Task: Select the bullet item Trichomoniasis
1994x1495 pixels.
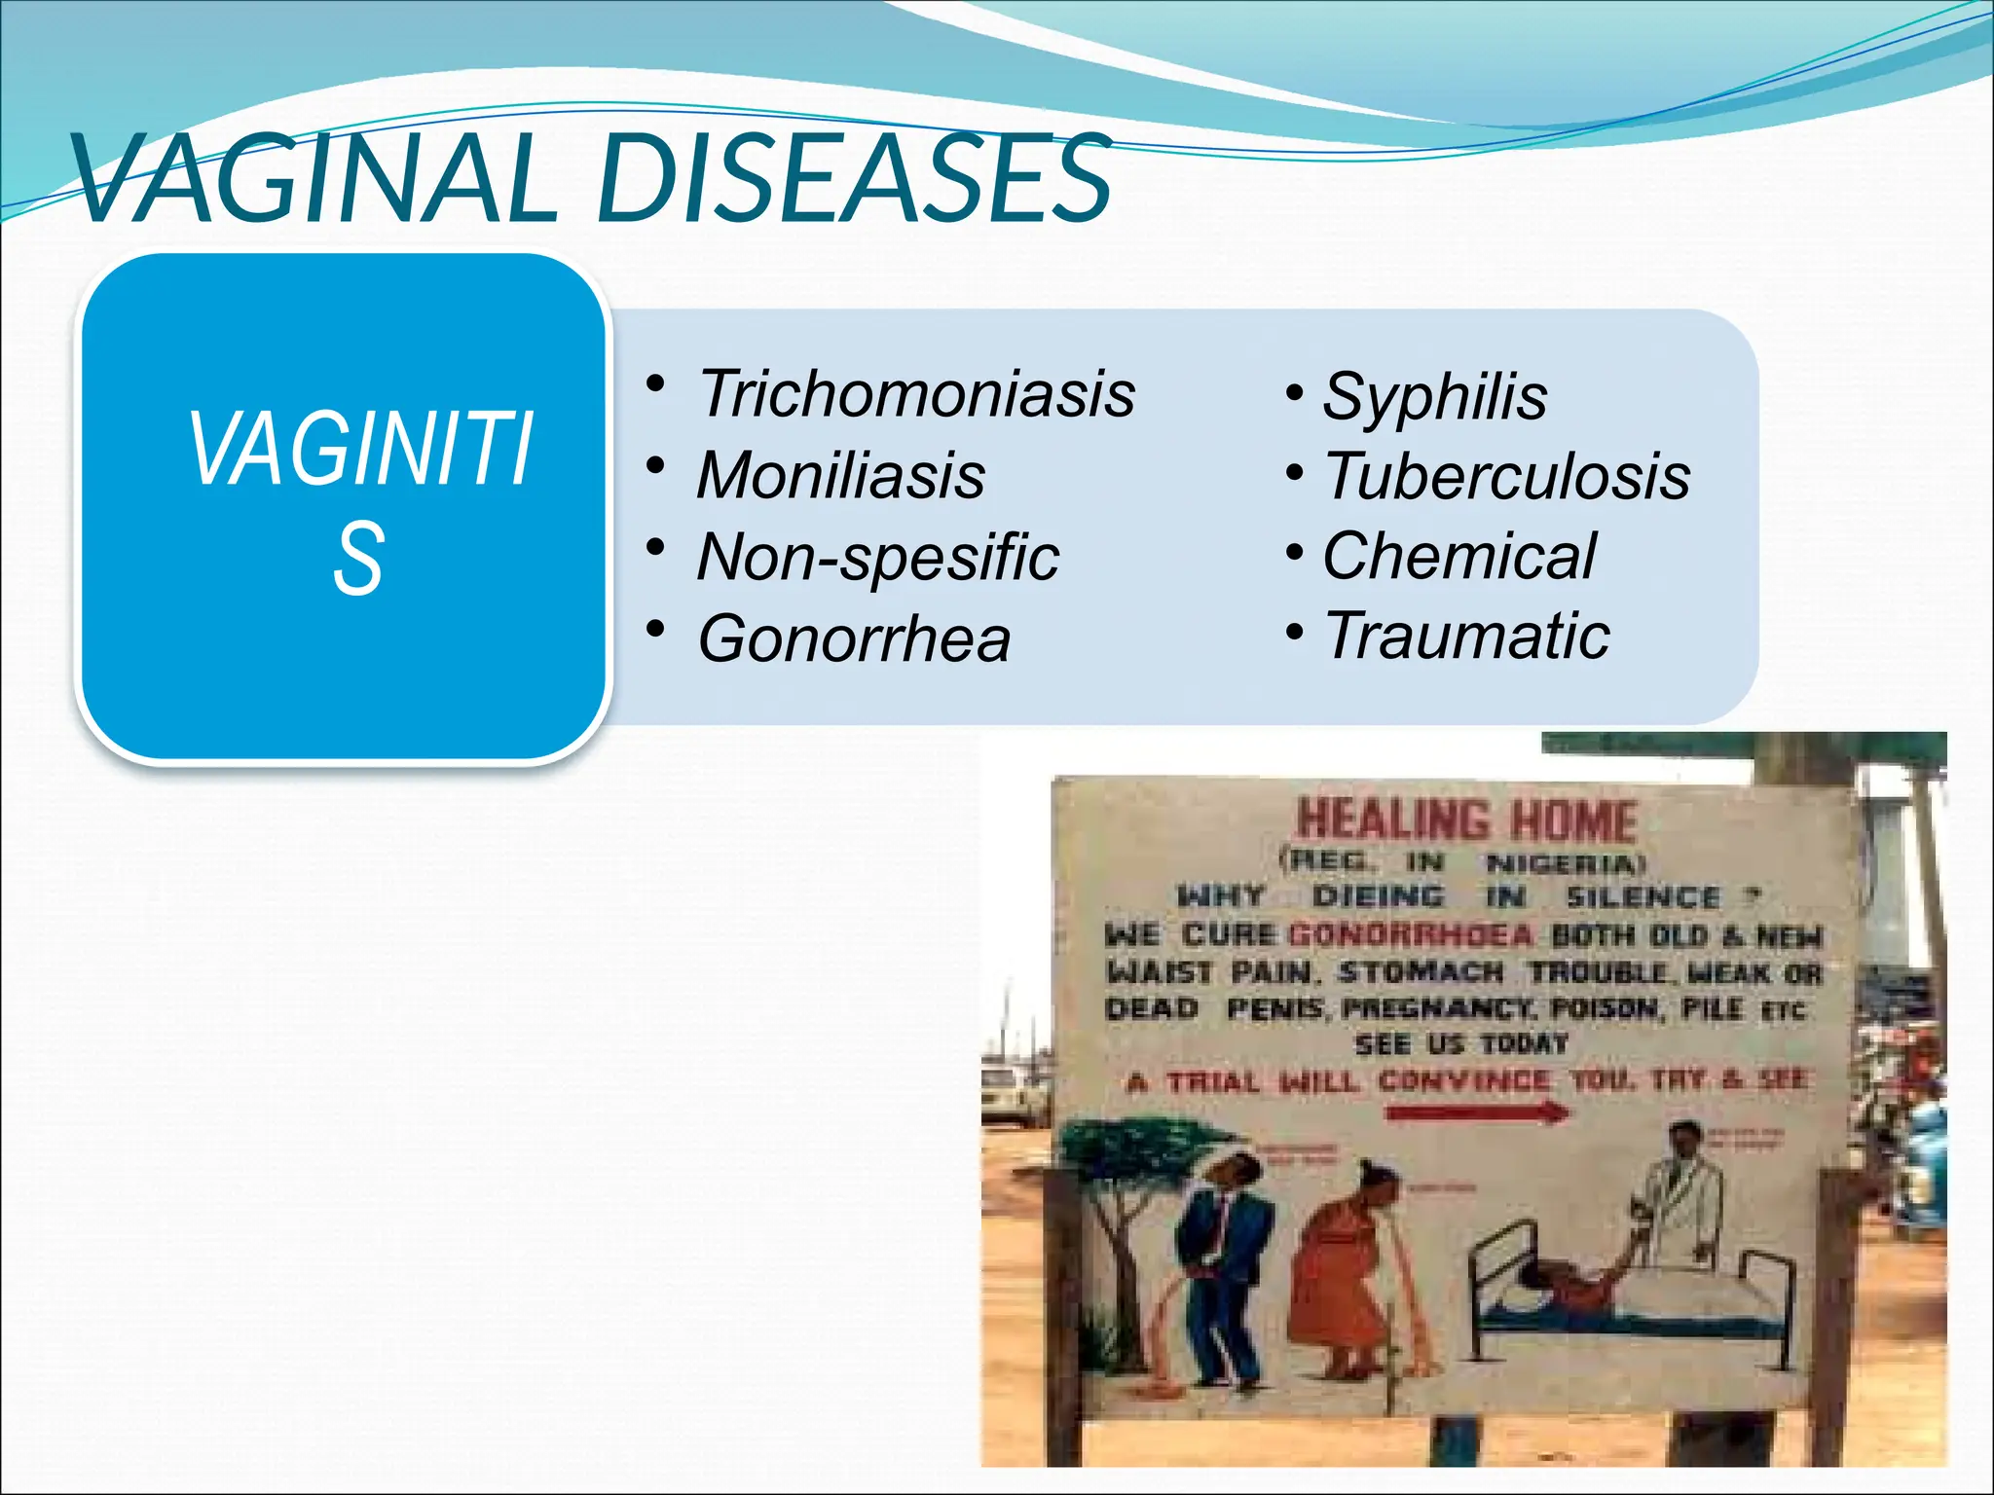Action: [x=916, y=394]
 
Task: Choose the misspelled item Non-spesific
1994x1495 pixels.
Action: [x=877, y=558]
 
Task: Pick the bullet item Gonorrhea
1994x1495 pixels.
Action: [x=854, y=639]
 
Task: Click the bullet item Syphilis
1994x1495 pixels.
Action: [x=1434, y=397]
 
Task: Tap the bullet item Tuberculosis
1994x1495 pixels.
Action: [x=1506, y=477]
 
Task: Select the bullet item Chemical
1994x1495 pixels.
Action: [x=1459, y=556]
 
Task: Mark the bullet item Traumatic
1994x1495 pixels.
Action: [x=1466, y=636]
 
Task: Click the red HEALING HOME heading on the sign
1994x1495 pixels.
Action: [x=1466, y=820]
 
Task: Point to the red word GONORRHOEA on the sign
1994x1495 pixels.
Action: [x=1411, y=935]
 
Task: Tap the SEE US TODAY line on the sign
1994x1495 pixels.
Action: [x=1461, y=1044]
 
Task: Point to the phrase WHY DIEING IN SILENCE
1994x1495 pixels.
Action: [x=1460, y=895]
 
